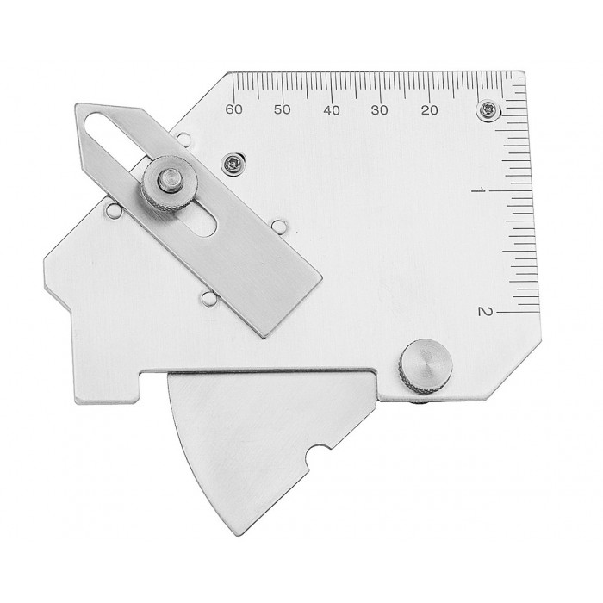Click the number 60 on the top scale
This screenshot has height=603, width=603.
[233, 109]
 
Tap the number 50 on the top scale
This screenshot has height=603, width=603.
[283, 109]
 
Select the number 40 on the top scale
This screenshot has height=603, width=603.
[332, 110]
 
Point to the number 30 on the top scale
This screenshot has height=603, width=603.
[380, 110]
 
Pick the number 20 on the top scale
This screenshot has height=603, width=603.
[429, 110]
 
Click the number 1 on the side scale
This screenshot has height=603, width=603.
[478, 190]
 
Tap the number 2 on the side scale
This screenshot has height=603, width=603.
[485, 311]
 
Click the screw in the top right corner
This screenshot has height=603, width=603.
[488, 110]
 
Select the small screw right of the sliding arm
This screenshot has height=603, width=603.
[233, 165]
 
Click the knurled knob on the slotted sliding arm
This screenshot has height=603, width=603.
[169, 183]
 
